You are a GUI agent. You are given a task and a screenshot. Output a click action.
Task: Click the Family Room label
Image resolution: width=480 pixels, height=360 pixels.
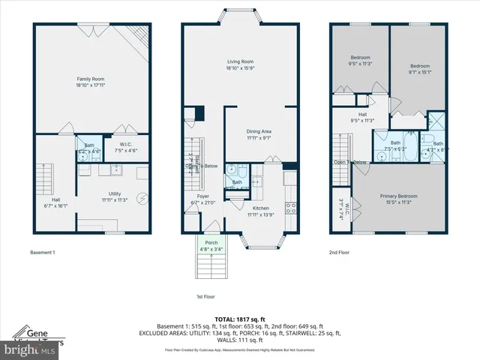point(88,79)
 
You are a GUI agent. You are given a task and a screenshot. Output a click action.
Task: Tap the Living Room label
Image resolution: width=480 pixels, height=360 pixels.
point(241,62)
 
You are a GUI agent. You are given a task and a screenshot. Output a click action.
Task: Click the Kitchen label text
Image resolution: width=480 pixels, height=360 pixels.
point(260,207)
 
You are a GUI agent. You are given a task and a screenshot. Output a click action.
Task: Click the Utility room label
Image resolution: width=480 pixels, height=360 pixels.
point(114,193)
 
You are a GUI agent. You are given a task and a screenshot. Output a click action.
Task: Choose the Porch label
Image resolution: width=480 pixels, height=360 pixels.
point(212,241)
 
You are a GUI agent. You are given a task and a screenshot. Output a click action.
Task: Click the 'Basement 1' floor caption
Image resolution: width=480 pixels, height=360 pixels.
point(42,253)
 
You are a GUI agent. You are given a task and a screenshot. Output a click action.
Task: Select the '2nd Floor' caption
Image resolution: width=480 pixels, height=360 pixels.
point(340,253)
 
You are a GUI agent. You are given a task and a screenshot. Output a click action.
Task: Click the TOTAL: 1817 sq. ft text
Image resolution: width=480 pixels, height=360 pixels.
point(240,318)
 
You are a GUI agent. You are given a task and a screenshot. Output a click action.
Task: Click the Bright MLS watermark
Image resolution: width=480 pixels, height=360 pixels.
point(30,349)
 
